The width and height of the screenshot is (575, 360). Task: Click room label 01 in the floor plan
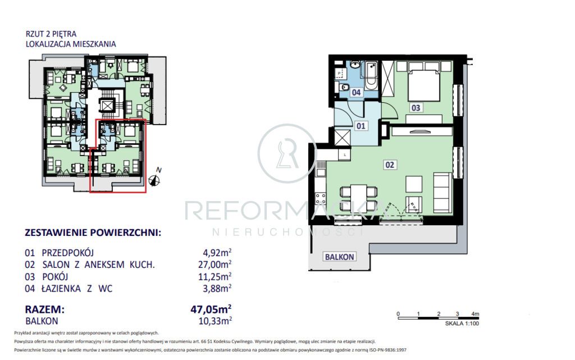pyautogui.click(x=361, y=126)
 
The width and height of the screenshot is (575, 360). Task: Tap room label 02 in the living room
pyautogui.click(x=390, y=165)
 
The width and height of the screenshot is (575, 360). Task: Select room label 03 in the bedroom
pyautogui.click(x=416, y=108)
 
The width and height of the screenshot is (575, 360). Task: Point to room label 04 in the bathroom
pyautogui.click(x=356, y=92)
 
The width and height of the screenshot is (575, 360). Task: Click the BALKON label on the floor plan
pyautogui.click(x=340, y=257)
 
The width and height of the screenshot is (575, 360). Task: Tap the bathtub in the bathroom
pyautogui.click(x=371, y=76)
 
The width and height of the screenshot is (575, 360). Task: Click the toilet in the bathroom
pyautogui.click(x=343, y=88)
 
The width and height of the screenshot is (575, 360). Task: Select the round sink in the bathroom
pyautogui.click(x=355, y=65)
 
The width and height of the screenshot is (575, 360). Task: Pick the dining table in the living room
pyautogui.click(x=358, y=197)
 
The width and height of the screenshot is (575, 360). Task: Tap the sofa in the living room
pyautogui.click(x=442, y=193)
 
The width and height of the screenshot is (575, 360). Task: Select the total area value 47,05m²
pyautogui.click(x=211, y=309)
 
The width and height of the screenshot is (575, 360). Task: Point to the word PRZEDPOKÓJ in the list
pyautogui.click(x=68, y=253)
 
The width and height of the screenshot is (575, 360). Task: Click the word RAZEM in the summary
pyautogui.click(x=44, y=309)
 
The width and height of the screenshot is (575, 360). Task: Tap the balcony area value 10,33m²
pyautogui.click(x=215, y=321)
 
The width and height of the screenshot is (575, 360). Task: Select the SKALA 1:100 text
pyautogui.click(x=462, y=323)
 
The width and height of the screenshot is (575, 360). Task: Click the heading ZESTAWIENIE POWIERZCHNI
pyautogui.click(x=93, y=233)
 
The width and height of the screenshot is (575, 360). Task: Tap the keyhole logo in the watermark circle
pyautogui.click(x=288, y=154)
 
